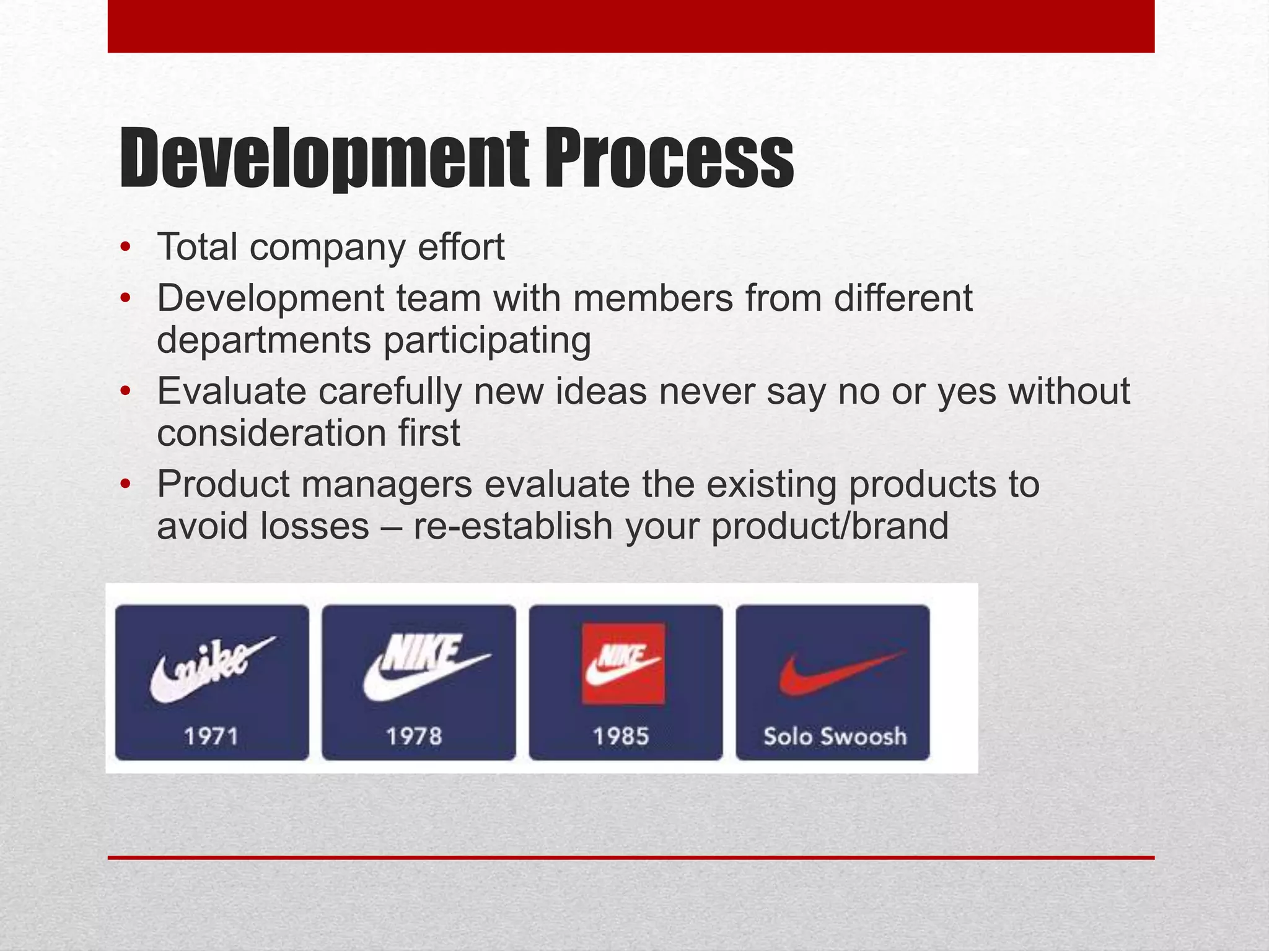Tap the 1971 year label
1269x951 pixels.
coord(211,736)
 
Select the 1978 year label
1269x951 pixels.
coord(414,736)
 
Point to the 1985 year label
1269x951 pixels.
coord(621,736)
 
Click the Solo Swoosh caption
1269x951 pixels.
coord(835,736)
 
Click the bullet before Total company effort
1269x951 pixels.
coord(126,248)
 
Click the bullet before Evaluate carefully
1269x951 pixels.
coord(126,392)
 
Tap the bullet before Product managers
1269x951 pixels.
coord(126,484)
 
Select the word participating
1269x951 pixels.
coord(487,341)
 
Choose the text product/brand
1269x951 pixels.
coord(830,526)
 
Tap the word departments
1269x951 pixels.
coord(264,341)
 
